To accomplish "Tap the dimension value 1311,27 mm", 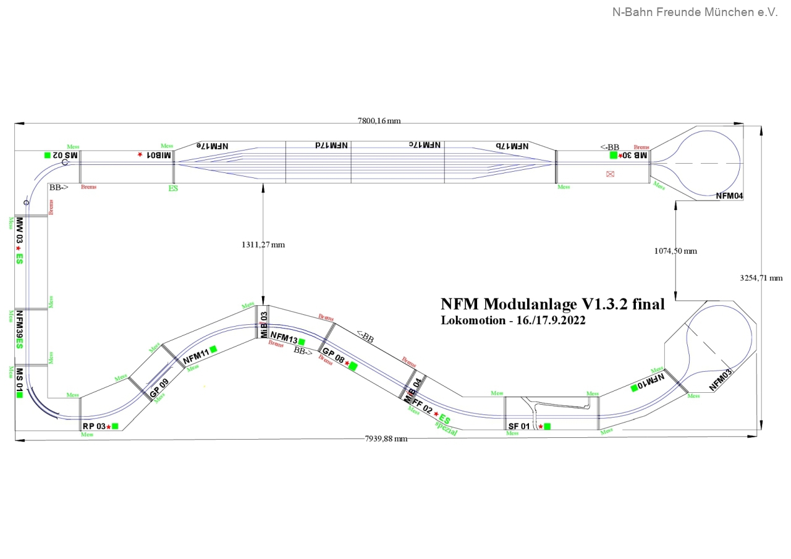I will coord(263,245).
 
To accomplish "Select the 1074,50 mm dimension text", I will coord(675,251).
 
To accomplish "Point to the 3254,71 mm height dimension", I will coord(761,278).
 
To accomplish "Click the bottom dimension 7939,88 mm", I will coord(386,439).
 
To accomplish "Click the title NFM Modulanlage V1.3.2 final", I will coord(552,304).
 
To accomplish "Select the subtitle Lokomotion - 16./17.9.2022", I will coord(513,320).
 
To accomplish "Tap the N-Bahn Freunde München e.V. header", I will coord(695,12).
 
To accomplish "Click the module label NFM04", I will coord(729,196).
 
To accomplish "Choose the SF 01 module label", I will coord(519,426).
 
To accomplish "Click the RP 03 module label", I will coord(95,426).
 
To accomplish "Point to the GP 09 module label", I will coord(159,387).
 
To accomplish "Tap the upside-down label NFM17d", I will coord(331,145).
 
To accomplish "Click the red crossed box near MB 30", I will coord(611,174).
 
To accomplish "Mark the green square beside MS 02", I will coord(48,156).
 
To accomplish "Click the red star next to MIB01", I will coord(140,154).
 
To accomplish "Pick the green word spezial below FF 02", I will coord(446,427).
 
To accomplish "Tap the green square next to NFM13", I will coord(302,342).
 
